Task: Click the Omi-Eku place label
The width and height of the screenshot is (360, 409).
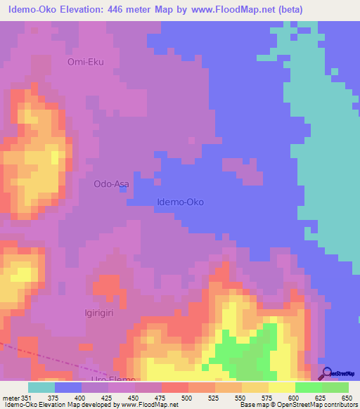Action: point(85,62)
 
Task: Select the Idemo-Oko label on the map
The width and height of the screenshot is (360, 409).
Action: point(179,202)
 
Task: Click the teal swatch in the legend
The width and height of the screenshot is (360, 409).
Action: point(41,387)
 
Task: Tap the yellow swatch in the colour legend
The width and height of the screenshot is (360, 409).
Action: point(281,387)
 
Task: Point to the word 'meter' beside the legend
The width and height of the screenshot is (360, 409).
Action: point(11,398)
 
